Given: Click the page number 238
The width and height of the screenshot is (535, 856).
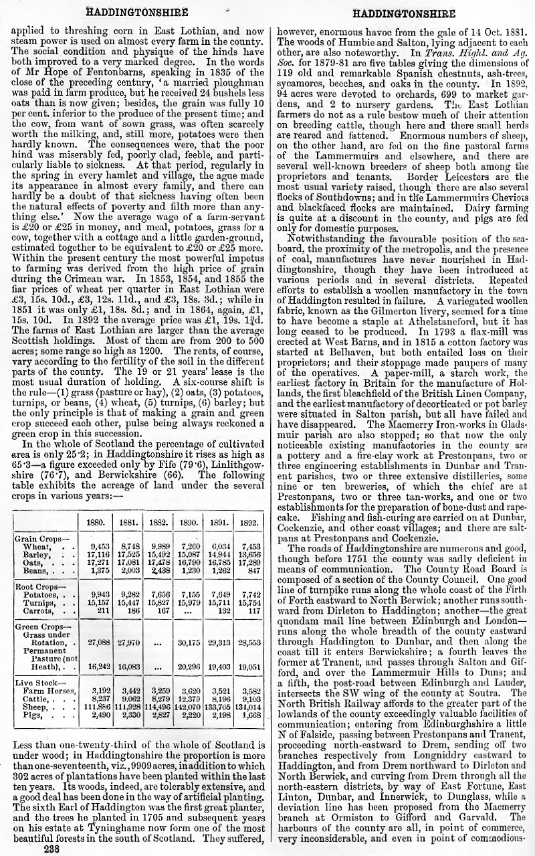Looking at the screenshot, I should pyautogui.click(x=51, y=849).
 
